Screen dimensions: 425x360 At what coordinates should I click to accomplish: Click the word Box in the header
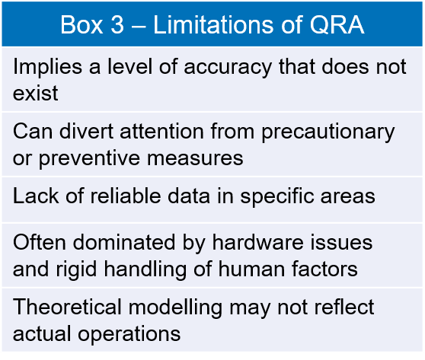81,25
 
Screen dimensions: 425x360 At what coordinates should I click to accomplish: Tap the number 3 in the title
117,25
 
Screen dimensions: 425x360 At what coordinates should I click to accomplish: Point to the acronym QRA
337,25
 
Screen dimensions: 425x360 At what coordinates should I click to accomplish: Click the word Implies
47,67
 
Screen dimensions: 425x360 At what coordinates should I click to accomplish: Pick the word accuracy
228,68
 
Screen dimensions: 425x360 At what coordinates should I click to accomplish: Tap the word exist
36,93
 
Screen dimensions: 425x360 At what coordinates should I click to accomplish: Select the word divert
86,132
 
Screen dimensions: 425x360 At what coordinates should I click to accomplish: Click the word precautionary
328,132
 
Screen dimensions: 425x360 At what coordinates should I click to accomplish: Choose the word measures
195,159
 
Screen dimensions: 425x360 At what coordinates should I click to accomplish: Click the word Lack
36,196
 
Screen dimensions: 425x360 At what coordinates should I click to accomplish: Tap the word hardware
257,242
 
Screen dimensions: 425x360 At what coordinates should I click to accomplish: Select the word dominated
124,242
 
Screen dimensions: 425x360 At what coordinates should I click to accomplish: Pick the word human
252,269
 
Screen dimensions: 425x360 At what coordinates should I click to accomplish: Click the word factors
324,269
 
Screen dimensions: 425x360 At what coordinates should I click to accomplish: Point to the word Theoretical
67,307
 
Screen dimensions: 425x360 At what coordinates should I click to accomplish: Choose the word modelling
175,308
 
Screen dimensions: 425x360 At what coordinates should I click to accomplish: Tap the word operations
129,335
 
